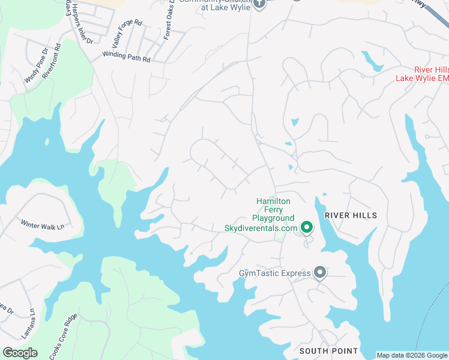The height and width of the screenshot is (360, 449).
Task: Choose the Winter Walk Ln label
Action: (42, 226)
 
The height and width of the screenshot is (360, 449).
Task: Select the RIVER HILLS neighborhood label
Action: (351, 215)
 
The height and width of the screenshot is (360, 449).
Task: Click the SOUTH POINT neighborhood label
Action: (329, 350)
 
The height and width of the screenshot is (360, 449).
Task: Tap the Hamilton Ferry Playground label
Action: (273, 209)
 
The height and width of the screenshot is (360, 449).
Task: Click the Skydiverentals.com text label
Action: (261, 228)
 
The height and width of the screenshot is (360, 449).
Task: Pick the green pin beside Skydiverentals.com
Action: (307, 227)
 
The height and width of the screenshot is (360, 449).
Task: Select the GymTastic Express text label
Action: (275, 274)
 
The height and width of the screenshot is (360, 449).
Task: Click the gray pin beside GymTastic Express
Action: (320, 273)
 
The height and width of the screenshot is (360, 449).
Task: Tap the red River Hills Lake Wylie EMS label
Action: (423, 74)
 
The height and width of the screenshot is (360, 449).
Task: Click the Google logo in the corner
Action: (20, 353)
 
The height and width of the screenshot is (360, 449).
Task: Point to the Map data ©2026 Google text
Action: (412, 355)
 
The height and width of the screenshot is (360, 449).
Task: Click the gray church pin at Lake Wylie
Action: (259, 4)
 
